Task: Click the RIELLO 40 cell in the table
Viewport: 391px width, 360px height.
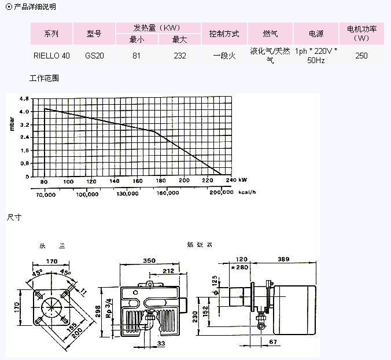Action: tap(51, 56)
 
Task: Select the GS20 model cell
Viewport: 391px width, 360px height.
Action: tap(94, 56)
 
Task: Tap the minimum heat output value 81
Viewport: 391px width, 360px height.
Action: tap(137, 56)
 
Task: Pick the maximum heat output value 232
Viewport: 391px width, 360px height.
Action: tap(179, 56)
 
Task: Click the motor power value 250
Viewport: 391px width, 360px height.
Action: tap(362, 56)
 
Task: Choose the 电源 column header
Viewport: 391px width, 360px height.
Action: tap(316, 34)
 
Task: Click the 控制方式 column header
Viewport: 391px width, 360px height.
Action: tap(224, 34)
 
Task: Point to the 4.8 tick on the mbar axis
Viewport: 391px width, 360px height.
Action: tap(24, 99)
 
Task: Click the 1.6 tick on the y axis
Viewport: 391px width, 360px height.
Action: tap(24, 150)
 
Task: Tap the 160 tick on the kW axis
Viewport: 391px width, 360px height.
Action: tap(138, 182)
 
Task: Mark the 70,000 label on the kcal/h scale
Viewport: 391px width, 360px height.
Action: tap(46, 194)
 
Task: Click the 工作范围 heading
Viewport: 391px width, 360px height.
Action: tap(44, 78)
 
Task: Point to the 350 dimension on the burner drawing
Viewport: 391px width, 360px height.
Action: tap(149, 262)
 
